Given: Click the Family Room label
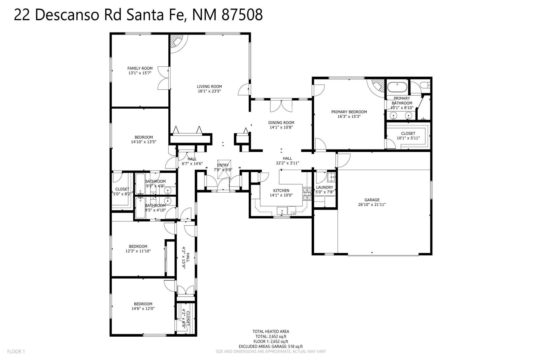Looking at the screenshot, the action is [x=140, y=68].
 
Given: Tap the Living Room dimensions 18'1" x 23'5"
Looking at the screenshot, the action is [x=210, y=91].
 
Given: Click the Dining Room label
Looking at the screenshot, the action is [x=281, y=122].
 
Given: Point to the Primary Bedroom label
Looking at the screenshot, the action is [x=349, y=112].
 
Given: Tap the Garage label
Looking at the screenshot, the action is [x=372, y=200].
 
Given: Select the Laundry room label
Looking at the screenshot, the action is [x=324, y=187].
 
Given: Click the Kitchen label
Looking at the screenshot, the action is [x=281, y=190].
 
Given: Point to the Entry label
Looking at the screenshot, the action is [x=223, y=165].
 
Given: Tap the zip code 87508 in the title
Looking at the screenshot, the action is [x=242, y=15].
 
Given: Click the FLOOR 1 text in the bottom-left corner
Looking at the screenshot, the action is [x=16, y=351].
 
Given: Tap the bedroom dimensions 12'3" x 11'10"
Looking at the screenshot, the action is [x=138, y=251].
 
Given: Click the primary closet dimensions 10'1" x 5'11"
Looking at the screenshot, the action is [x=408, y=138].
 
